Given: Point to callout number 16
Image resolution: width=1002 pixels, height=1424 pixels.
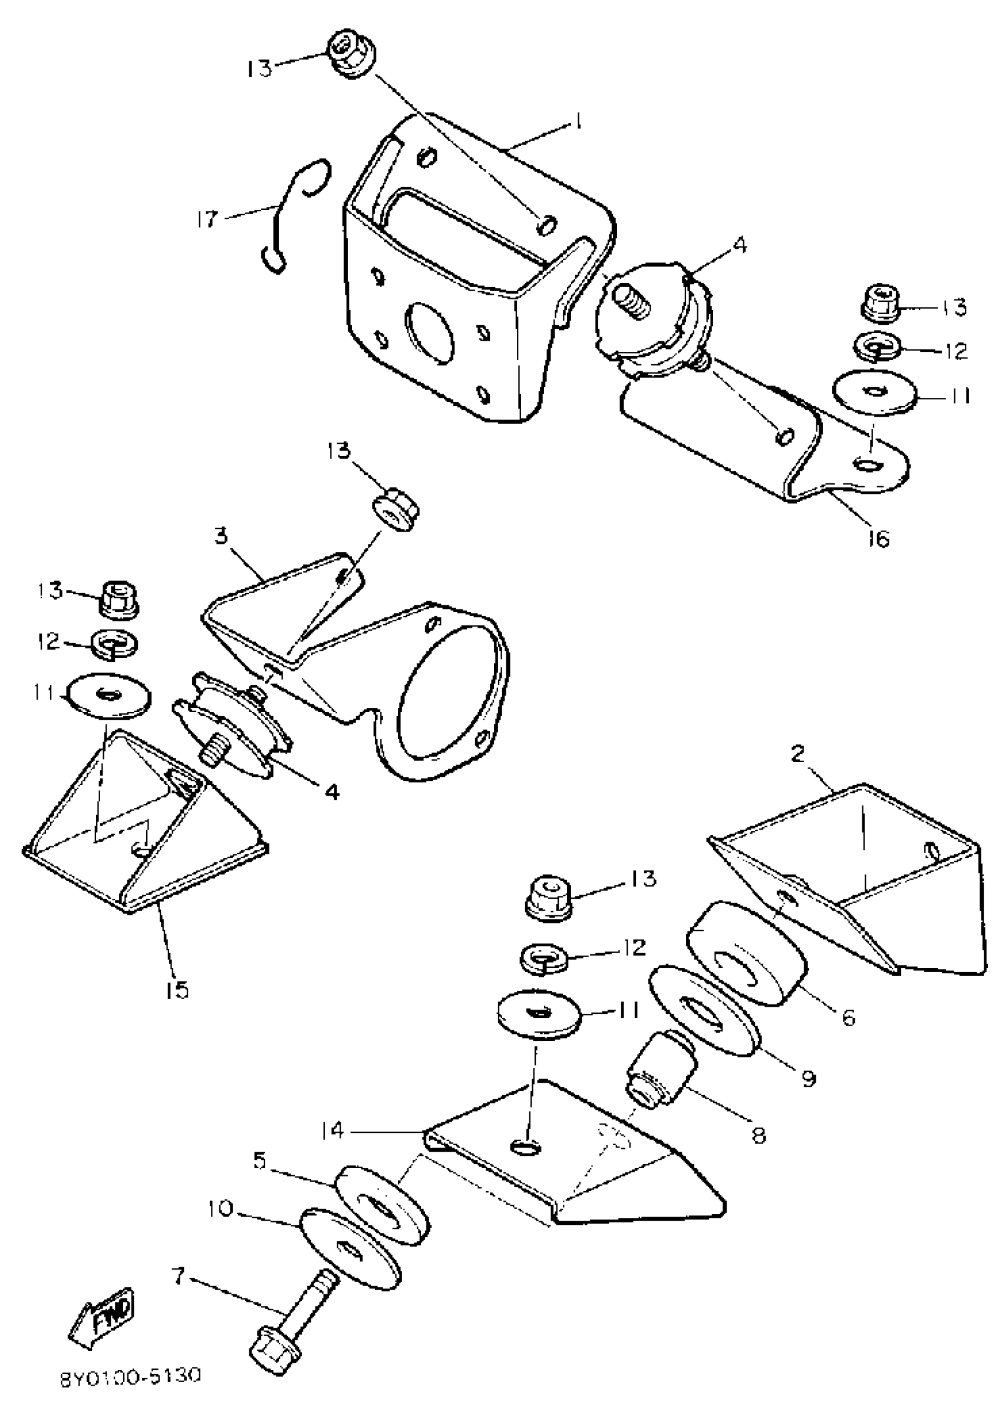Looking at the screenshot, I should click(x=878, y=538).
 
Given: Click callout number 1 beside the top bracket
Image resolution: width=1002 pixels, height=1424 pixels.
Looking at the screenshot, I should click(x=578, y=121).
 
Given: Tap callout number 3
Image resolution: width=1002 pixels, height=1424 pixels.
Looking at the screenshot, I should click(x=222, y=535).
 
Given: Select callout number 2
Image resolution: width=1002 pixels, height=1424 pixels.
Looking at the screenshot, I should click(x=797, y=754).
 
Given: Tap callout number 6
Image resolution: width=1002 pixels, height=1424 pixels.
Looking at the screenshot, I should click(x=848, y=1017).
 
